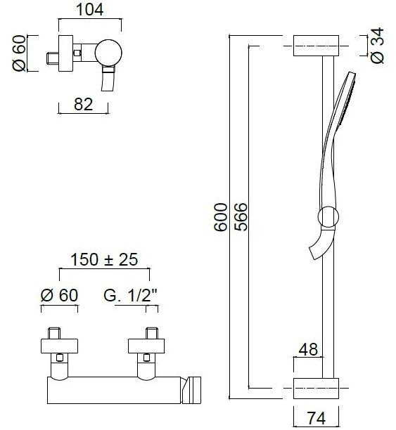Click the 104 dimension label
89,9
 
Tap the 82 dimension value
83,104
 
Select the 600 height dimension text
221,217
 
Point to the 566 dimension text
241,217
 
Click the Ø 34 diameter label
377,46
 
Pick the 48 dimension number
308,349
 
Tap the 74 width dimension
317,419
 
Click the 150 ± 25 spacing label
104,259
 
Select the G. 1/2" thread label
130,295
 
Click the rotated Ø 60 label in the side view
19,53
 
